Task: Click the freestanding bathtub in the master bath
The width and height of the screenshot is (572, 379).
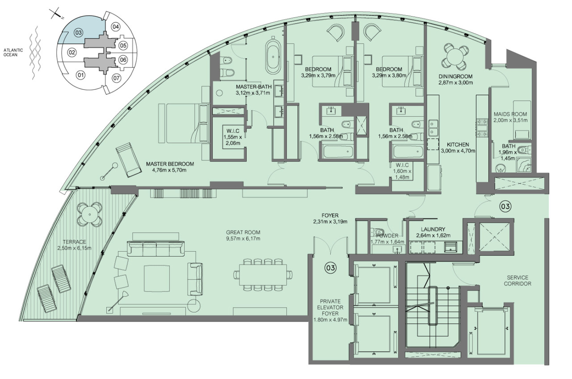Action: pos(273,57)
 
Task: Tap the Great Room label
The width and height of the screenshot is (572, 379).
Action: pos(243,232)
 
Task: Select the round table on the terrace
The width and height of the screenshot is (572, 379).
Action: pos(90,214)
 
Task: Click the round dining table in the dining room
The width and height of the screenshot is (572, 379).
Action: pos(454,56)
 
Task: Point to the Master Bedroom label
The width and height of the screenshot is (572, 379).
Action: pos(170,164)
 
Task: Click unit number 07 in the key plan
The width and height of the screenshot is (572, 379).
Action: pos(117,78)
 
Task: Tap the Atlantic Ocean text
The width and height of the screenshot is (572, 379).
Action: pos(13,52)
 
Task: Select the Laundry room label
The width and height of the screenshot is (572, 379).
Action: pos(433,229)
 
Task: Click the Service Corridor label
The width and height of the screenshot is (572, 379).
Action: pos(517,280)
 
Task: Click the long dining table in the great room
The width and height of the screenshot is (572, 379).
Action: pos(263,274)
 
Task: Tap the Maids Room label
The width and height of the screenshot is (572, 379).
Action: pos(510,114)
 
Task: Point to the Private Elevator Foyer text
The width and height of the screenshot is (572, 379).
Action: pos(330,307)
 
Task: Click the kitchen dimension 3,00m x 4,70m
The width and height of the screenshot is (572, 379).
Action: pos(458,151)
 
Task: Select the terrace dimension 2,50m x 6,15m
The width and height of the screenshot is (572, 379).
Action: pos(75,248)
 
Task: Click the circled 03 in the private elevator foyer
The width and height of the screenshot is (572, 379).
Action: pos(330,268)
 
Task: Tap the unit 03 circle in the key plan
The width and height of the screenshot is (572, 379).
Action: pos(78,33)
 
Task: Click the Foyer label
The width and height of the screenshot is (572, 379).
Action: pos(330,215)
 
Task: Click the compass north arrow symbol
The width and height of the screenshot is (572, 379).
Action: pos(56,14)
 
